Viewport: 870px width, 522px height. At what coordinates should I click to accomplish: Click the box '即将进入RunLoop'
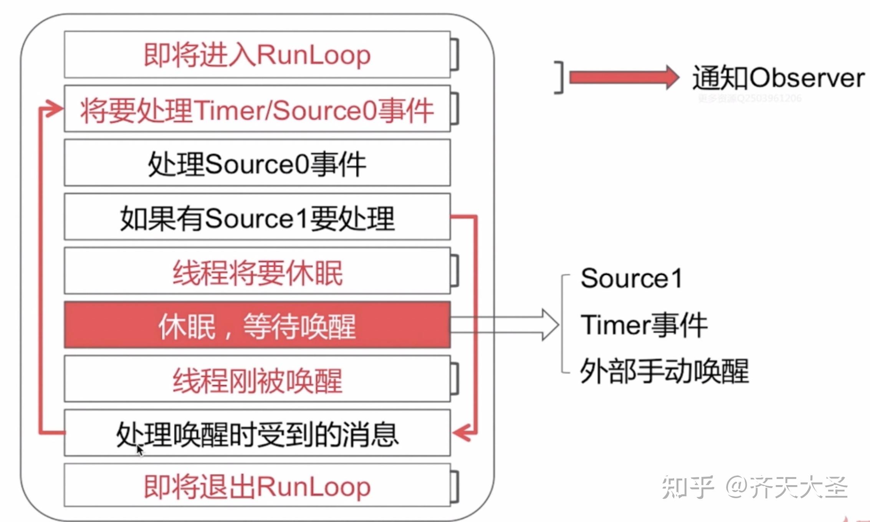point(257,55)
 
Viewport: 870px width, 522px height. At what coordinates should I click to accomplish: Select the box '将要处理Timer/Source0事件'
point(257,109)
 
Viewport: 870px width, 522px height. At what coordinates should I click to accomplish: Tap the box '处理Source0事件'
point(257,163)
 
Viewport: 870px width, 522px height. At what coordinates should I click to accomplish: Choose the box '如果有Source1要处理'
point(257,217)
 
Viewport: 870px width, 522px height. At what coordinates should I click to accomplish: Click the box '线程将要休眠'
point(257,271)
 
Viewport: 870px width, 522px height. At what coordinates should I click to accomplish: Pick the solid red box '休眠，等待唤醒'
point(257,325)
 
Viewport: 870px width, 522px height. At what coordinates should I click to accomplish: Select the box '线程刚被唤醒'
point(257,379)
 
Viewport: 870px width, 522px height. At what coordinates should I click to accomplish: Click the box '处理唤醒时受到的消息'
point(257,433)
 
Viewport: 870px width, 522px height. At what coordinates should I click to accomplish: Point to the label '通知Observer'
point(778,78)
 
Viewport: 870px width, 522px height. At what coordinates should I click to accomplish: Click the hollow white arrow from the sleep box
point(507,325)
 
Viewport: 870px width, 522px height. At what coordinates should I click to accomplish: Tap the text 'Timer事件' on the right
point(643,325)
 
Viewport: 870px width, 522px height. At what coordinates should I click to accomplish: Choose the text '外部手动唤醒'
point(664,371)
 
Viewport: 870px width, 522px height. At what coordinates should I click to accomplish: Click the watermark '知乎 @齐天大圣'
point(754,487)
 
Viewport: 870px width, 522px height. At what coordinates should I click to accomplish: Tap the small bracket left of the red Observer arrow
point(560,77)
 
